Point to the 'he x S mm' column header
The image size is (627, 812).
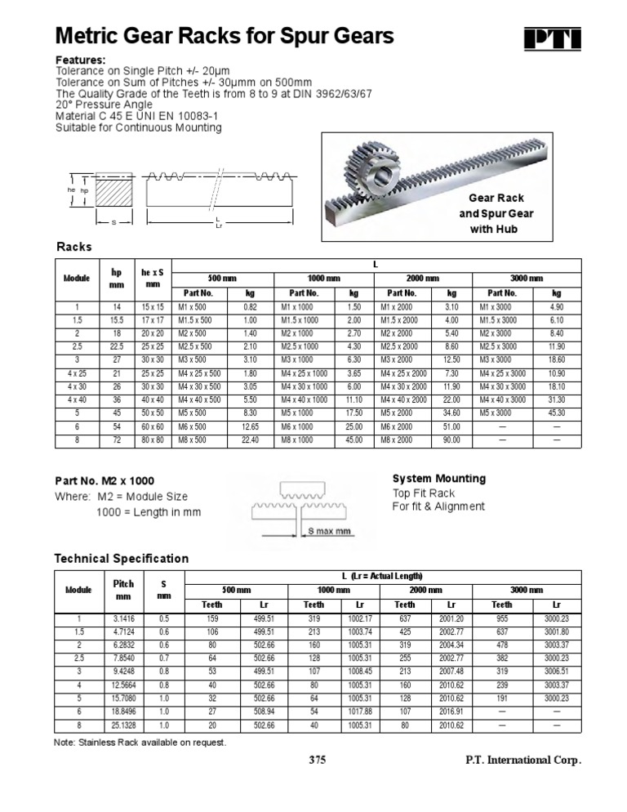click(153, 278)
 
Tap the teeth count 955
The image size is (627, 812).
click(501, 618)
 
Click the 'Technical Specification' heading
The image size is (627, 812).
click(121, 559)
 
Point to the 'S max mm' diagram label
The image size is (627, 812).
click(330, 531)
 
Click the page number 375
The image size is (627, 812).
click(317, 761)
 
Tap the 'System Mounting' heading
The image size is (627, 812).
click(438, 479)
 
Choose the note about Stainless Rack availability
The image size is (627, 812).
click(140, 743)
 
